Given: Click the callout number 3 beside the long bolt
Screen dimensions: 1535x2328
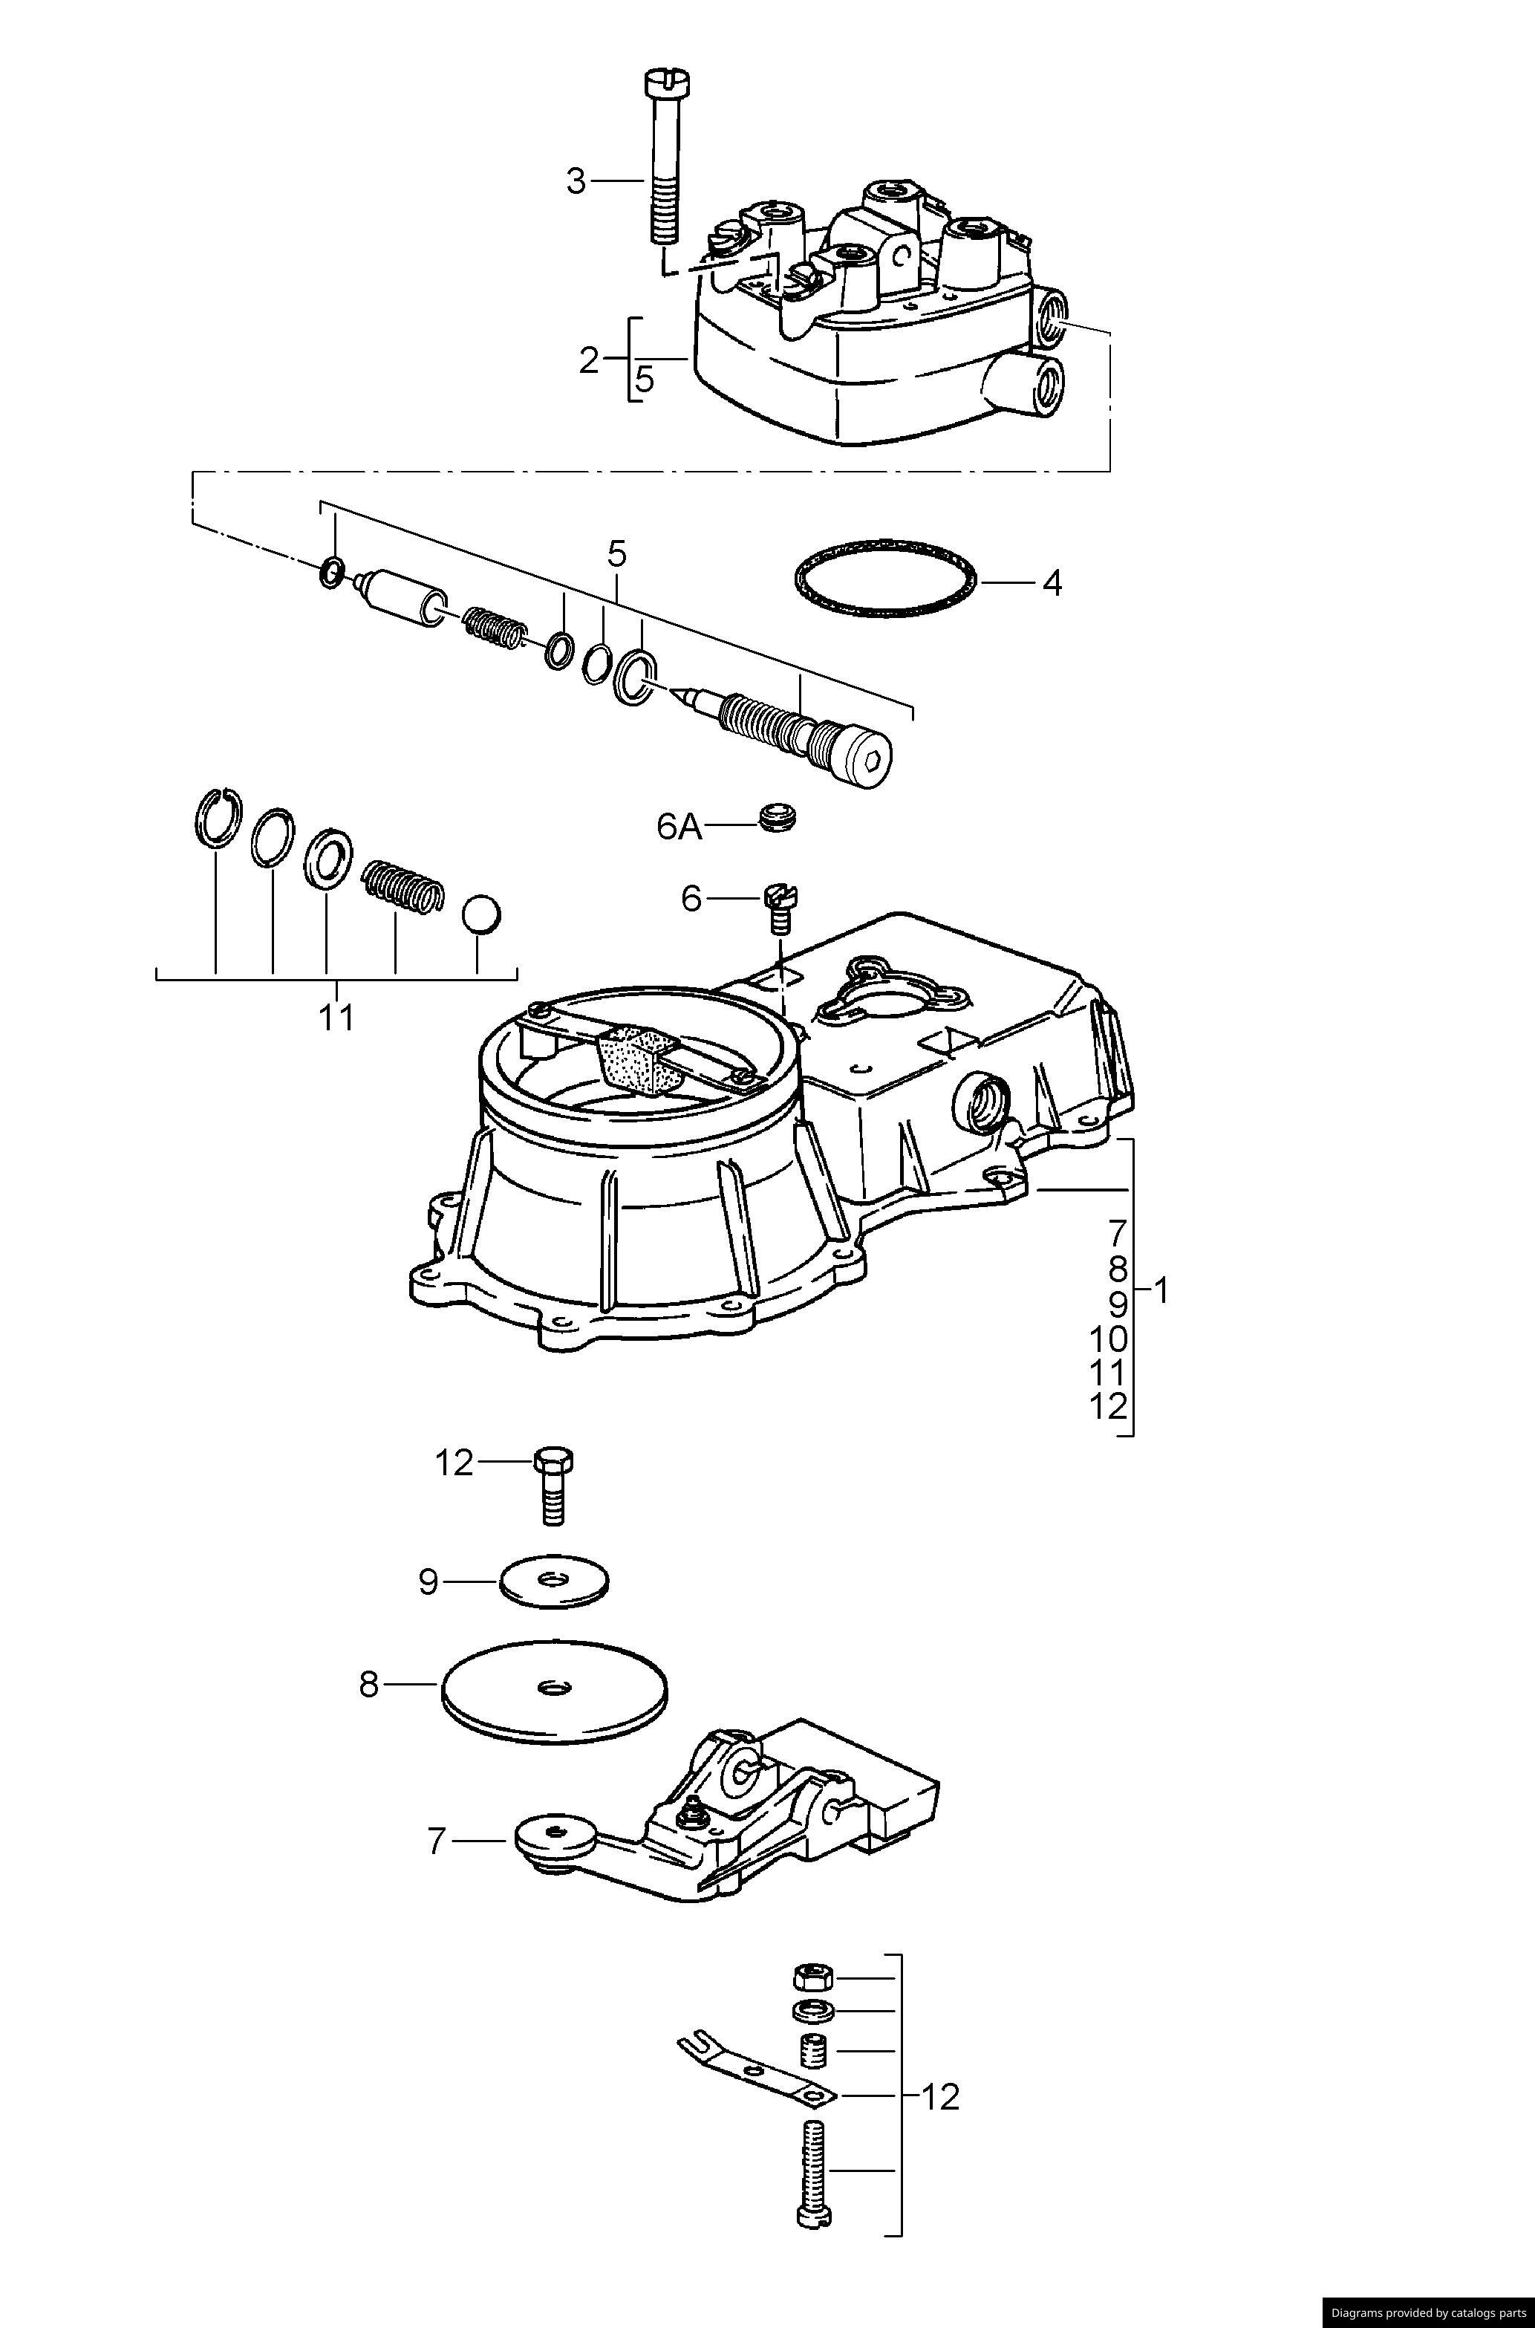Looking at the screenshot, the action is [576, 181].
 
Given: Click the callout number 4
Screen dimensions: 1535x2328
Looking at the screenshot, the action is [1052, 583].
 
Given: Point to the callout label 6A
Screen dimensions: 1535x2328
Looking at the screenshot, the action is [679, 828].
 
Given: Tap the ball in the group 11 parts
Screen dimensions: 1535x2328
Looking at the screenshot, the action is [480, 914].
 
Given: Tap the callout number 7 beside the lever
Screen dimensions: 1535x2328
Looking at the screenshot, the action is [437, 1842].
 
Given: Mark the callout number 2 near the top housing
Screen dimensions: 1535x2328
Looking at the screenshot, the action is [588, 361].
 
